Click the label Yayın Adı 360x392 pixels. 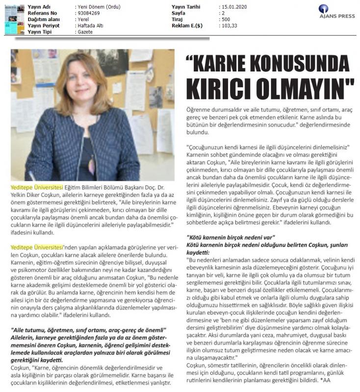pyautogui.click(x=40, y=6)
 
